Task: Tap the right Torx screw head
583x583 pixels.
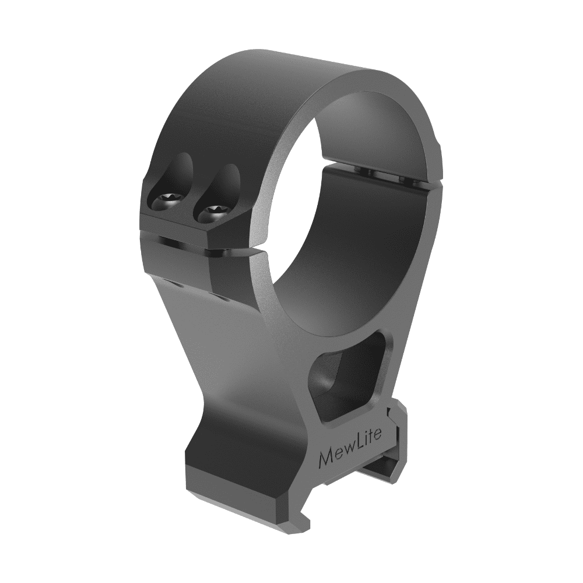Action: (x=213, y=213)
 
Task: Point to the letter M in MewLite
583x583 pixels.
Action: (x=328, y=458)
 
